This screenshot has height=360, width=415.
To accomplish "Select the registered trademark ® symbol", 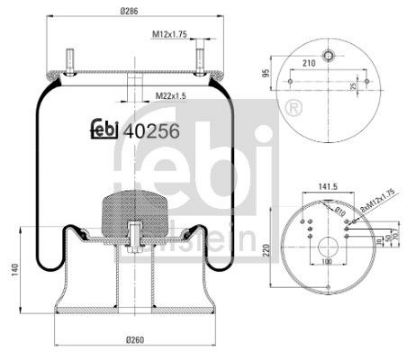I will point(294,104).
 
